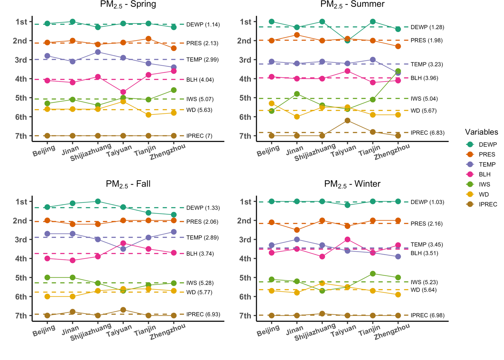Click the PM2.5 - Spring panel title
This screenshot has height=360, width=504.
128,5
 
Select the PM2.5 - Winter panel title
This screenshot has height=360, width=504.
352,184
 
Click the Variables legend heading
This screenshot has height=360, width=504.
481,132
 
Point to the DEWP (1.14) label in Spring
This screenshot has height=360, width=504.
203,25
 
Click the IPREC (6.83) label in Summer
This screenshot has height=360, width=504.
427,133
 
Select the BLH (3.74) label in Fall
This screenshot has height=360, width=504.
200,254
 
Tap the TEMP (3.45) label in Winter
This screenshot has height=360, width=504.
426,244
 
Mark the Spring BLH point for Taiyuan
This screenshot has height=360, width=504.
123,92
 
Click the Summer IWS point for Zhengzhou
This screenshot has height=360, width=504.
398,71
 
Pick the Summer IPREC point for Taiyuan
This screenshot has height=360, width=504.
348,120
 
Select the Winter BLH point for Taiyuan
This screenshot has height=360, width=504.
348,240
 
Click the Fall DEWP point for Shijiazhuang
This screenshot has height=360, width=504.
98,201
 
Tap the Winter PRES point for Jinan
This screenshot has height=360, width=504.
297,230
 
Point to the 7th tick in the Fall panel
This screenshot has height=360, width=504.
21,316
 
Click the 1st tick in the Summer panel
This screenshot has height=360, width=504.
246,22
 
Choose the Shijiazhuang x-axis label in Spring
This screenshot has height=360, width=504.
91,152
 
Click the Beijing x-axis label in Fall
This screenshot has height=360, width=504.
44,331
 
